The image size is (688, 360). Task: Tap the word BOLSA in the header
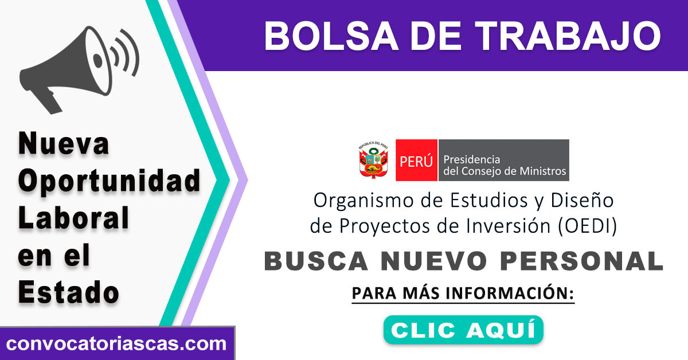tap(331, 36)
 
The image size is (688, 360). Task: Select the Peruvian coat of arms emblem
tap(373, 160)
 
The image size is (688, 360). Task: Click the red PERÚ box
tap(416, 160)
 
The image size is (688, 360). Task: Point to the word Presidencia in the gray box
tap(472, 159)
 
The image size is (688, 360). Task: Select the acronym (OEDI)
tap(587, 226)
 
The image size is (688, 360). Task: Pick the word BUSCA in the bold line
tap(316, 261)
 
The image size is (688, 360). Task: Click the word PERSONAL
tap(581, 261)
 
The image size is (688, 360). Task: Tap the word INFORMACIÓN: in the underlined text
tap(510, 293)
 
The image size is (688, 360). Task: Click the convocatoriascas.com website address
tap(116, 343)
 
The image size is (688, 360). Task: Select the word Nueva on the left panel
tap(64, 143)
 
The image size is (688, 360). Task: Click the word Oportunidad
tap(109, 181)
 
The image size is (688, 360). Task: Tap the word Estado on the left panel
tap(68, 292)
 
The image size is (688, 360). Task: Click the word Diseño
tap(582, 200)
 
